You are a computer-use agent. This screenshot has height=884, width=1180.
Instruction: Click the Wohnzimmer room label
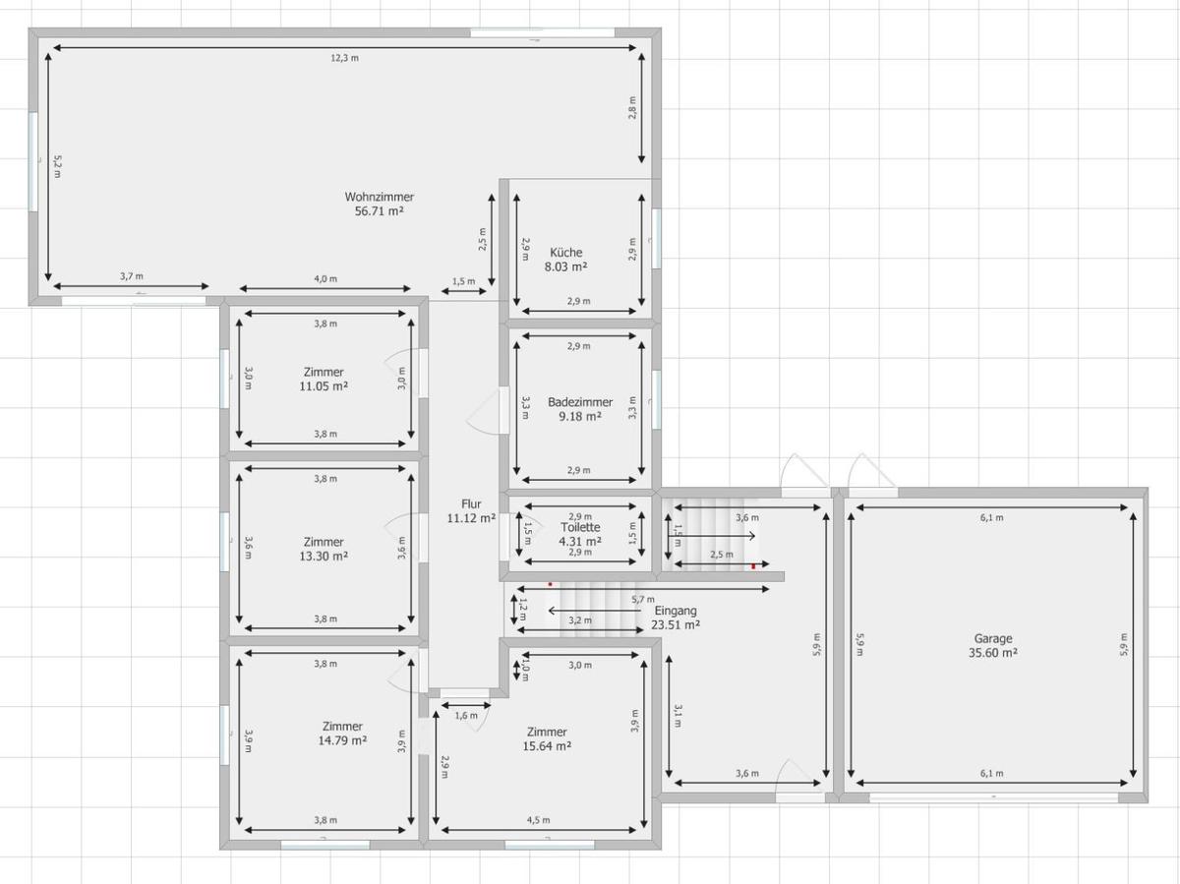[x=379, y=197]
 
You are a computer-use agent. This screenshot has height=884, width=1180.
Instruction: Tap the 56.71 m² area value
[x=379, y=210]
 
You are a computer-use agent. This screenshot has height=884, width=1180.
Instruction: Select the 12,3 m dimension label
[x=344, y=58]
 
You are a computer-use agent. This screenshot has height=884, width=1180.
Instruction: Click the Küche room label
[x=565, y=253]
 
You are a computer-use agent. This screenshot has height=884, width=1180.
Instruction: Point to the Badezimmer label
[x=580, y=402]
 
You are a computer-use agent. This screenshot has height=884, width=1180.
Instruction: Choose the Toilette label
[x=580, y=527]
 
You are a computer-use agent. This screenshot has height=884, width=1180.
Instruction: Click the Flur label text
[x=471, y=503]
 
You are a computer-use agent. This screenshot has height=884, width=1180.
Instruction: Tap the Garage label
[x=993, y=638]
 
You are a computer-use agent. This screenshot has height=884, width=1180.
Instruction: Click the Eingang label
[x=676, y=611]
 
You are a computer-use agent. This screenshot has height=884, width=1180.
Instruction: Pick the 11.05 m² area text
[x=324, y=386]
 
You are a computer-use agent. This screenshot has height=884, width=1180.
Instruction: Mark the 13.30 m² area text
[x=324, y=556]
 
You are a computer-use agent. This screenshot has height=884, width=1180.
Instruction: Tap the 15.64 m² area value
[x=547, y=746]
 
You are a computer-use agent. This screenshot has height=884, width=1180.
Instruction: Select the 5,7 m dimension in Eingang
[x=644, y=599]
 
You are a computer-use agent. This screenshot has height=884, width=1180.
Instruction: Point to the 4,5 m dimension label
[x=538, y=820]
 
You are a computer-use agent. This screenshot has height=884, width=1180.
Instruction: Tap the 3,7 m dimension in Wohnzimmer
[x=132, y=276]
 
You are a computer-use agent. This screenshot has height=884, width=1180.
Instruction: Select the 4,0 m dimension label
[x=325, y=279]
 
